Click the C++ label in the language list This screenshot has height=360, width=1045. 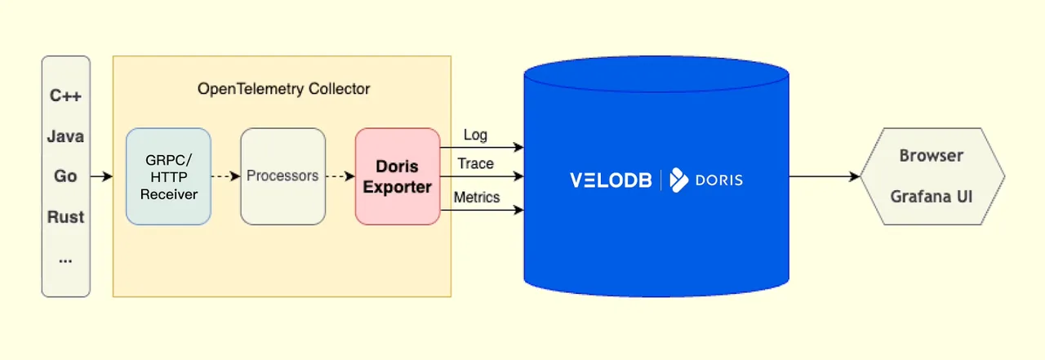(x=66, y=96)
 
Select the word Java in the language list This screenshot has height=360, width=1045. (x=66, y=136)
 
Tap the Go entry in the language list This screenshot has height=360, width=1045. (x=66, y=176)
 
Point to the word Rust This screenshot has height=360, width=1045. (x=66, y=217)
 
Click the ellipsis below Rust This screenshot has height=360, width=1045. (x=66, y=258)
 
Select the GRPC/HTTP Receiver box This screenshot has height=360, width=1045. (x=168, y=176)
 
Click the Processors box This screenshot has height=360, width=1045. (x=282, y=176)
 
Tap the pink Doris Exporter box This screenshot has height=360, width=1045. (x=398, y=176)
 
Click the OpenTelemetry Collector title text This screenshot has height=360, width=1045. (x=283, y=89)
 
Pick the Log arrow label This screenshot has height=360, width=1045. (x=475, y=135)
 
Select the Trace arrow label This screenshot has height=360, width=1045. (x=475, y=163)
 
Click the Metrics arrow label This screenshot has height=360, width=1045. (x=477, y=197)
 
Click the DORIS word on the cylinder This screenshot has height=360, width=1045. (x=719, y=180)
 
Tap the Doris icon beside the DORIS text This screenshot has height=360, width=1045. (x=679, y=180)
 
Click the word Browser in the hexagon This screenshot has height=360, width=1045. (x=932, y=155)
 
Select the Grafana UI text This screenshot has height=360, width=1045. (x=932, y=197)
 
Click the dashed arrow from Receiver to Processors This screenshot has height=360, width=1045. (x=225, y=176)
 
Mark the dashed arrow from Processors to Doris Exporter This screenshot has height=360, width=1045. (x=340, y=176)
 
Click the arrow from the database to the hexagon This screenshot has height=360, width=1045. (x=825, y=176)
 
